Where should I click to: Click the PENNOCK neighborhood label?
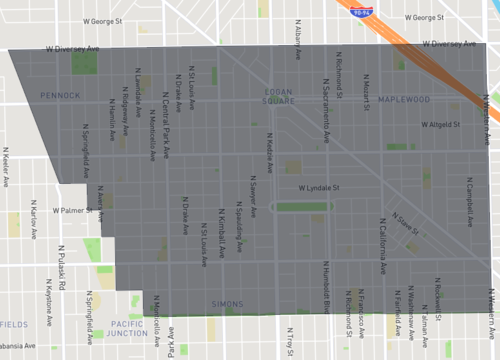click(60, 95)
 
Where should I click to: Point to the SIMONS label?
click(227, 303)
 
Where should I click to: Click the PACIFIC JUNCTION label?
click(129, 329)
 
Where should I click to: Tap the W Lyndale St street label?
click(319, 186)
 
